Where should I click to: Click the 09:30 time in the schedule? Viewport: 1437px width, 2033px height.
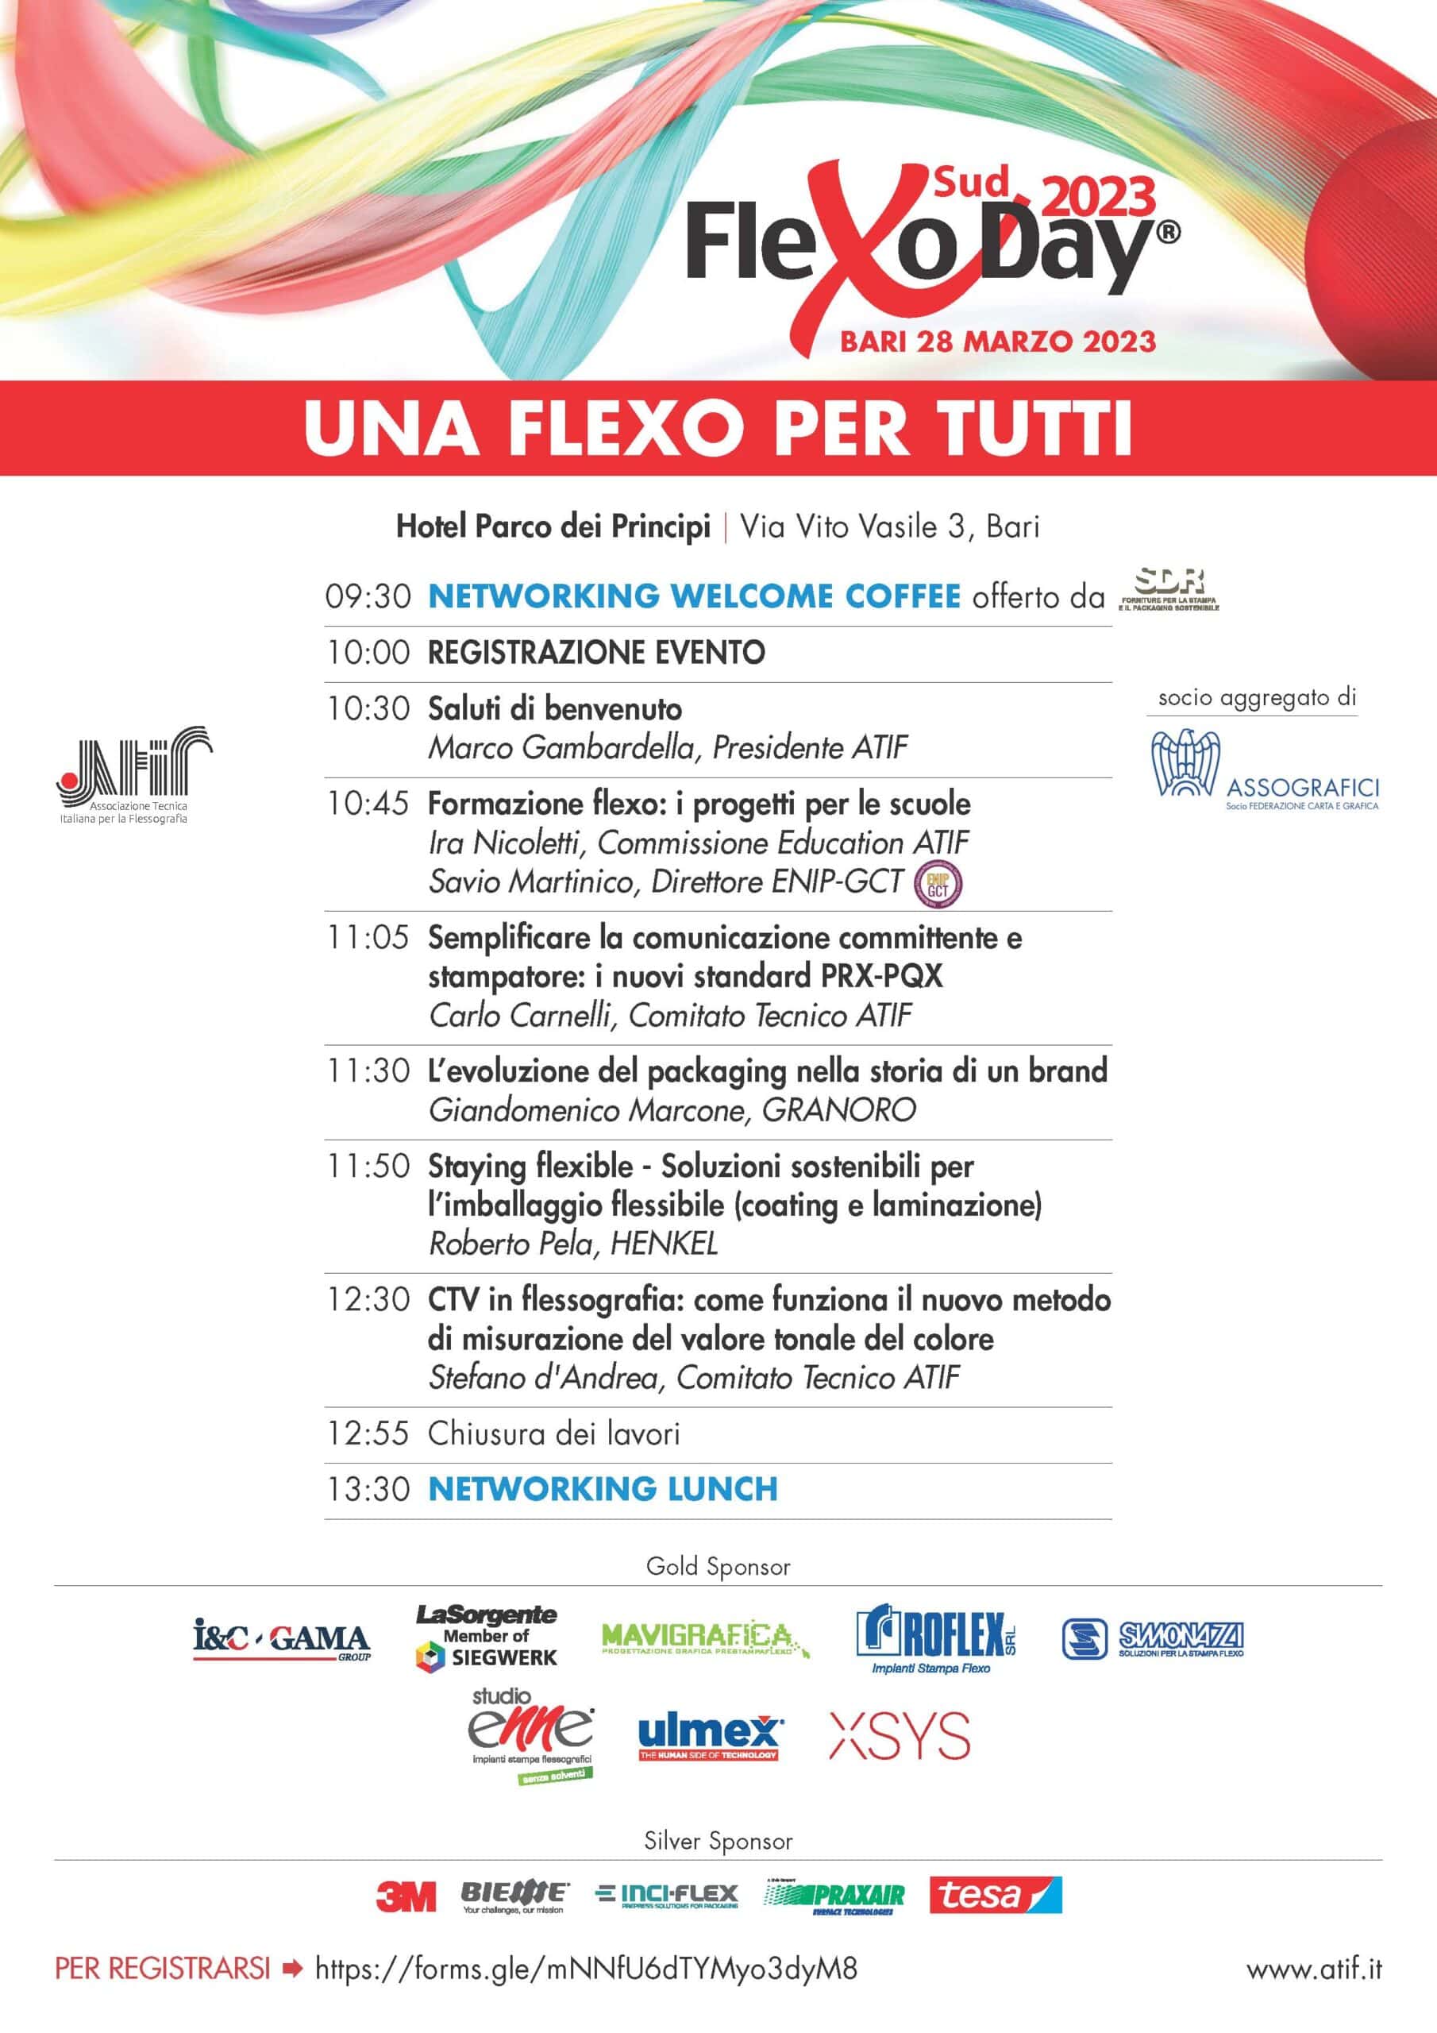(368, 596)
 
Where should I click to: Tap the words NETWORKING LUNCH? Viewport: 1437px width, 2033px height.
(603, 1489)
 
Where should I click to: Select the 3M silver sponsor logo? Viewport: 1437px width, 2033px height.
(406, 1896)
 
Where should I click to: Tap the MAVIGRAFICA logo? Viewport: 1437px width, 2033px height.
(705, 1639)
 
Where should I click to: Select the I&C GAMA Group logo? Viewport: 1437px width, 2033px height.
(282, 1641)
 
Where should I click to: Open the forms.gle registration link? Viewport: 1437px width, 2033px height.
(586, 1969)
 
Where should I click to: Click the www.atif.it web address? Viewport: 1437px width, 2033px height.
(1314, 1969)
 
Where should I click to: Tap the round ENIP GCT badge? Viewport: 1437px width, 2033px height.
(938, 884)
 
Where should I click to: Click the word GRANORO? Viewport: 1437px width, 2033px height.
(838, 1110)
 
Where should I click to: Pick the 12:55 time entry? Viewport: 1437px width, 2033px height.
(368, 1433)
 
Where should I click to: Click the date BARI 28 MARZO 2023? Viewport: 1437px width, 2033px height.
(998, 341)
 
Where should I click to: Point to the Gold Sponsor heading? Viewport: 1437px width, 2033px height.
(718, 1566)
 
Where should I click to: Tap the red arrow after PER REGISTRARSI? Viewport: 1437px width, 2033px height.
(292, 1969)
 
